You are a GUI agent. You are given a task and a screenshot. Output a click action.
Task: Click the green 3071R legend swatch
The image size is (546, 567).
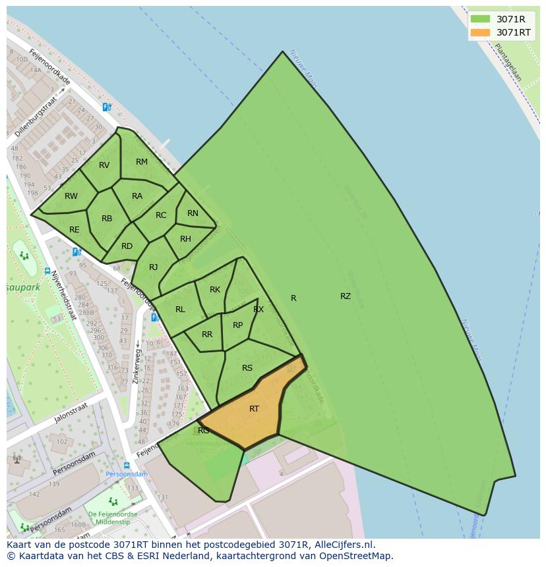(x=480, y=19)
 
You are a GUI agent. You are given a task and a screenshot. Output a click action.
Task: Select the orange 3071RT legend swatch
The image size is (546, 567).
(x=480, y=32)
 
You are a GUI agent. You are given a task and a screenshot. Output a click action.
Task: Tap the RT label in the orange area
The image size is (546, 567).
(x=254, y=409)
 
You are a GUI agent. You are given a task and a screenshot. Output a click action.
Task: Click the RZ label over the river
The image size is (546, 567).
(x=346, y=296)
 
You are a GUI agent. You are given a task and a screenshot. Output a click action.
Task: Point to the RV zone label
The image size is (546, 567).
(x=104, y=165)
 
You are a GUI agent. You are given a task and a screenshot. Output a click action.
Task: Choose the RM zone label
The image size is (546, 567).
(x=142, y=162)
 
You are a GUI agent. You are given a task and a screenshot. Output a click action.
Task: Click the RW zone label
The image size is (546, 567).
(x=71, y=196)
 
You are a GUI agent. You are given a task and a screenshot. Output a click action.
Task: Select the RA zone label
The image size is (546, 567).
(x=137, y=196)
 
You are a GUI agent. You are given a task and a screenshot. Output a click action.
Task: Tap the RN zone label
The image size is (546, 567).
(x=193, y=213)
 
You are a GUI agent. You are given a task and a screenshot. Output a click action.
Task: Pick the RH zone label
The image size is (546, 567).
(x=185, y=239)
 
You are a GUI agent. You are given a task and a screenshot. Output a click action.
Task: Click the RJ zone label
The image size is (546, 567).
(x=153, y=267)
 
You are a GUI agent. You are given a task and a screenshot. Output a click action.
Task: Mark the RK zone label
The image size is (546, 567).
(x=215, y=290)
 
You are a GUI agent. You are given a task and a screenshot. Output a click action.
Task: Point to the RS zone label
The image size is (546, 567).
(x=247, y=368)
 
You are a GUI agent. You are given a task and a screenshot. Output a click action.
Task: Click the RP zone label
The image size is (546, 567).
(x=238, y=325)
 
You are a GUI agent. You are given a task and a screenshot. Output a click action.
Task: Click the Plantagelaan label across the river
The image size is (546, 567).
(x=508, y=63)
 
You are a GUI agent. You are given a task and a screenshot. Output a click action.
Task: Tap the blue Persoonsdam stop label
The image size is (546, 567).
(x=127, y=474)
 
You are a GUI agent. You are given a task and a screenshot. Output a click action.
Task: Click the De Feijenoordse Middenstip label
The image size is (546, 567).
(x=113, y=518)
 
